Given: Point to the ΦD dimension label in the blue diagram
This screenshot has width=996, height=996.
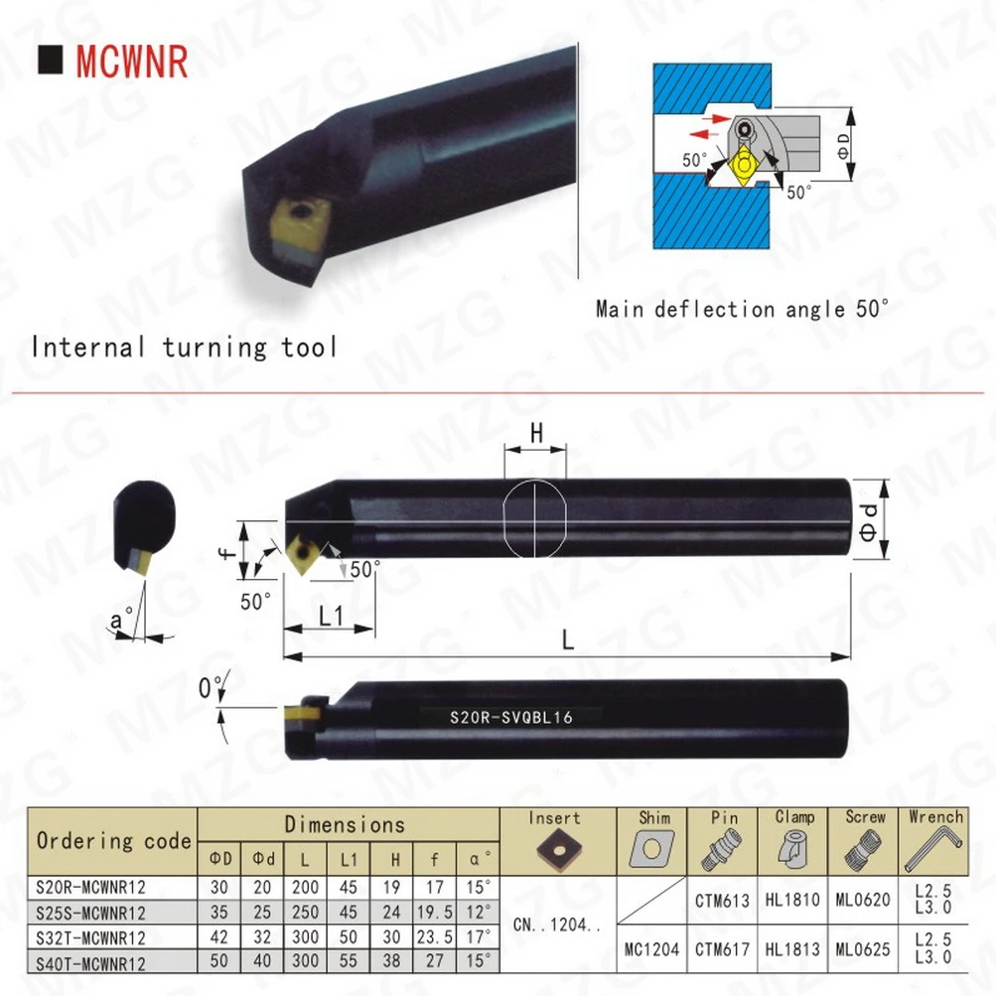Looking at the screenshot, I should click(x=843, y=149).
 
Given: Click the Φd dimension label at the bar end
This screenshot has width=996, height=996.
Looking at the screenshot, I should click(x=869, y=515).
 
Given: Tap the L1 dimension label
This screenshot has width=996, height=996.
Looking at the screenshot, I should click(x=330, y=616).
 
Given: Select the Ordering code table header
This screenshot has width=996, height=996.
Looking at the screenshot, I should click(x=113, y=840).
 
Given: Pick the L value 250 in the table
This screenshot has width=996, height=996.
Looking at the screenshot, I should click(x=307, y=913).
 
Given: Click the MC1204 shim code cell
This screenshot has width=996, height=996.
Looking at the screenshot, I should click(x=652, y=949).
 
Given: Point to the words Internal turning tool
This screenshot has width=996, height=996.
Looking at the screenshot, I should click(x=184, y=348).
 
